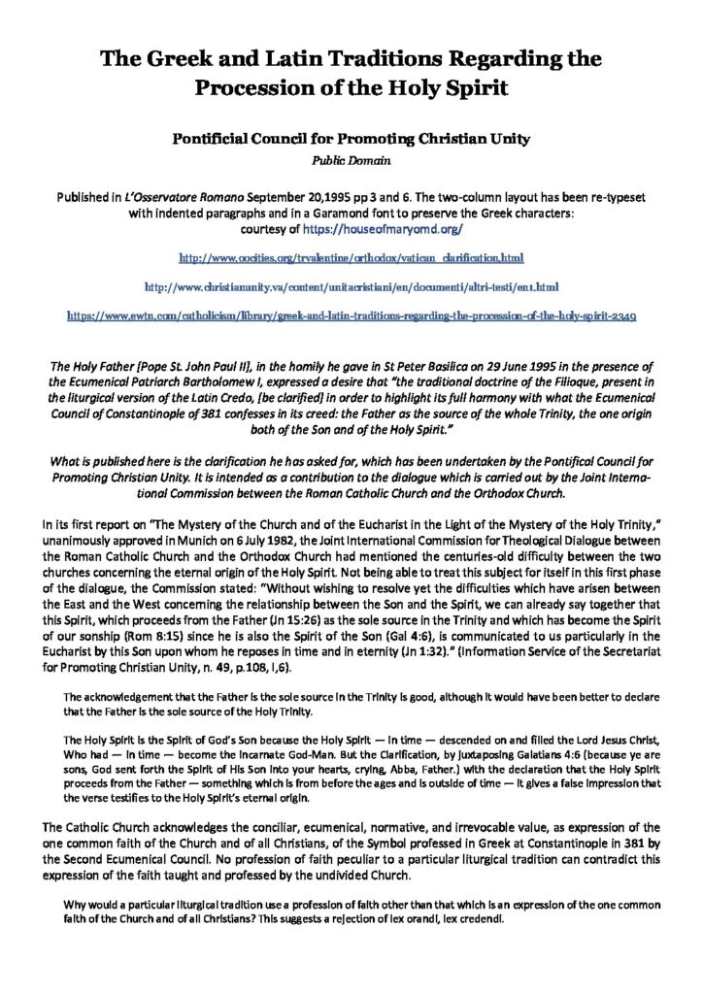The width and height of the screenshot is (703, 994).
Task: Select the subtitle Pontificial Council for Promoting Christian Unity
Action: pyautogui.click(x=351, y=139)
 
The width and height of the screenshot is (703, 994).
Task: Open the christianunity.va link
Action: pyautogui.click(x=351, y=287)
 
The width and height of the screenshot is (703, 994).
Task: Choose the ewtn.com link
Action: pyautogui.click(x=351, y=315)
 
